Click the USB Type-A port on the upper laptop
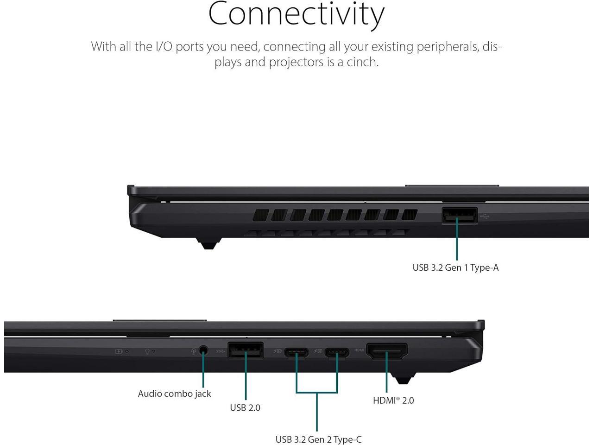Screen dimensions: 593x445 (x=459, y=216)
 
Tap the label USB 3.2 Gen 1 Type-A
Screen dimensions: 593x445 (x=455, y=267)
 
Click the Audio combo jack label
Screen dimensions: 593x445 (x=174, y=394)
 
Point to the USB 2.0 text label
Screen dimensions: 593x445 (x=245, y=407)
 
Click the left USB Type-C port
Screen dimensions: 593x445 (x=296, y=352)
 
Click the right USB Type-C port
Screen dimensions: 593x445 (x=337, y=352)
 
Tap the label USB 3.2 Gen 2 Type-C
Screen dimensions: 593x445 (x=318, y=439)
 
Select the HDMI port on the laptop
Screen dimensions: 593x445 (x=387, y=351)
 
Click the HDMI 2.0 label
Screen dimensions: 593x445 (x=393, y=400)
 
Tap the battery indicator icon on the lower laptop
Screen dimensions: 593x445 (x=119, y=351)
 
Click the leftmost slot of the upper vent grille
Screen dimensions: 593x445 (x=261, y=215)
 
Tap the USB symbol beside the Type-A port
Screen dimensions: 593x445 (x=485, y=216)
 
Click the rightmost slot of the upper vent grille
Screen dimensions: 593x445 (x=410, y=215)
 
